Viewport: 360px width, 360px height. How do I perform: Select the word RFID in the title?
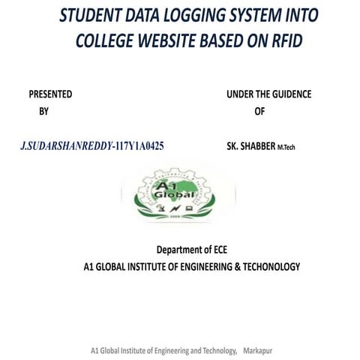coord(281,40)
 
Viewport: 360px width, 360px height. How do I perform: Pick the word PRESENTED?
coord(50,94)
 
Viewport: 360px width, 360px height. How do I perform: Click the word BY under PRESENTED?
coord(43,111)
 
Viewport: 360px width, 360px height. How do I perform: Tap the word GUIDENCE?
coord(288,94)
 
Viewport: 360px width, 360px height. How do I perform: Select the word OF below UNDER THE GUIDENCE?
coord(259,111)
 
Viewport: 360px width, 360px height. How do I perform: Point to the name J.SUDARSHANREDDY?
coord(64,146)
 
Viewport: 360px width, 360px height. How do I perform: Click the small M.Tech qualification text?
coord(287,147)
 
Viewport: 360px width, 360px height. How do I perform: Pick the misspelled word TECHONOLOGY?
coord(265,266)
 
